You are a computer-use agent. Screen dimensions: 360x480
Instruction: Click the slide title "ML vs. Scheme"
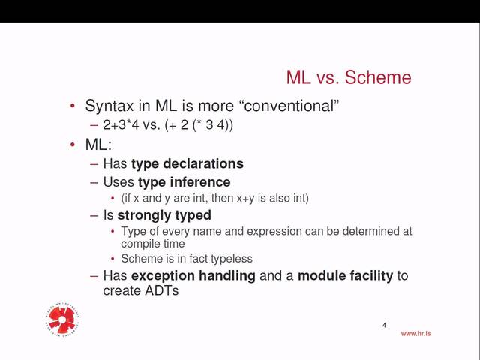(349, 77)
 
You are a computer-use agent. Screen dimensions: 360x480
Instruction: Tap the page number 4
(384, 325)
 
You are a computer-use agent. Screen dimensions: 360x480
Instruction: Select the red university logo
(63, 320)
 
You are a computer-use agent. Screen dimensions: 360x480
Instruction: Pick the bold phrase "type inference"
(184, 182)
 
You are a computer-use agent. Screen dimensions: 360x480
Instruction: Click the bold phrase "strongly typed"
(164, 216)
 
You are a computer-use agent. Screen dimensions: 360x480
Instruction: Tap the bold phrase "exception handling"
(193, 276)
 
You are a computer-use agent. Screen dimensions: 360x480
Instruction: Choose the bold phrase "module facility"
(345, 276)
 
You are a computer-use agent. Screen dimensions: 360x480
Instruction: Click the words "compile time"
(152, 244)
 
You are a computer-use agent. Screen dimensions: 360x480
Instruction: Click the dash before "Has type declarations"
(94, 163)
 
